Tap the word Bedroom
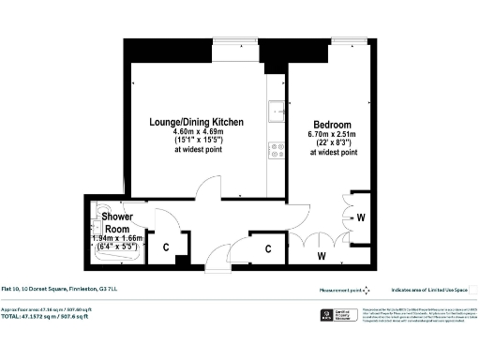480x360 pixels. (x=332, y=126)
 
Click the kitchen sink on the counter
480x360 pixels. (x=276, y=112)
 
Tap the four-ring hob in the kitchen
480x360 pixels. (x=277, y=147)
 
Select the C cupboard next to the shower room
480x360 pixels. (x=166, y=248)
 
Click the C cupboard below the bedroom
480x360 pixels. (x=268, y=248)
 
